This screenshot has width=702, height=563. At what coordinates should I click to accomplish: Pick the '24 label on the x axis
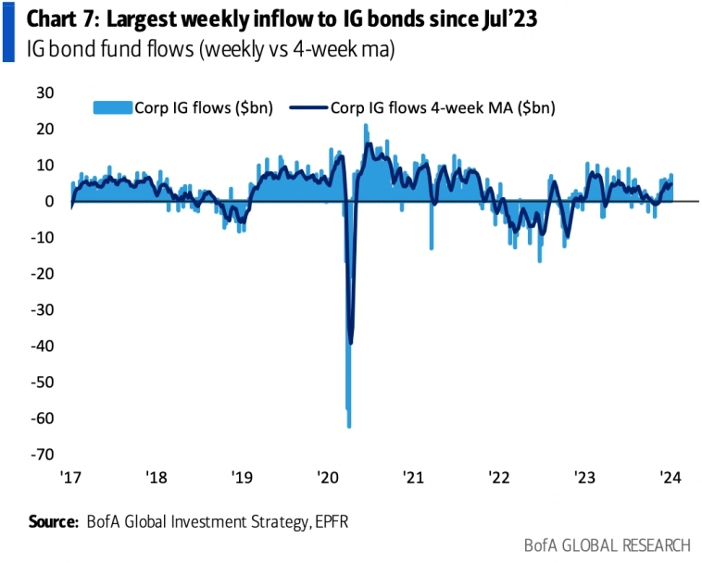click(670, 478)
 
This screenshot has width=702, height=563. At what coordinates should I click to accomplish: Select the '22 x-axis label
click(499, 478)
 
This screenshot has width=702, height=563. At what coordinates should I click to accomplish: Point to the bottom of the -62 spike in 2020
click(349, 427)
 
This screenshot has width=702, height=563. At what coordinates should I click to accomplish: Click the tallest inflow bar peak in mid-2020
click(366, 125)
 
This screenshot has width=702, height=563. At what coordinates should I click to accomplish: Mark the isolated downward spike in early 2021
click(432, 248)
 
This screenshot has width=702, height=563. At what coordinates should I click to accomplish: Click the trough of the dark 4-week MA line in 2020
click(350, 344)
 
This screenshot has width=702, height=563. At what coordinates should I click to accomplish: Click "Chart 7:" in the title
click(53, 19)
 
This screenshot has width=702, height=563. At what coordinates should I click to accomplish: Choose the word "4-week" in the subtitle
click(307, 50)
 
